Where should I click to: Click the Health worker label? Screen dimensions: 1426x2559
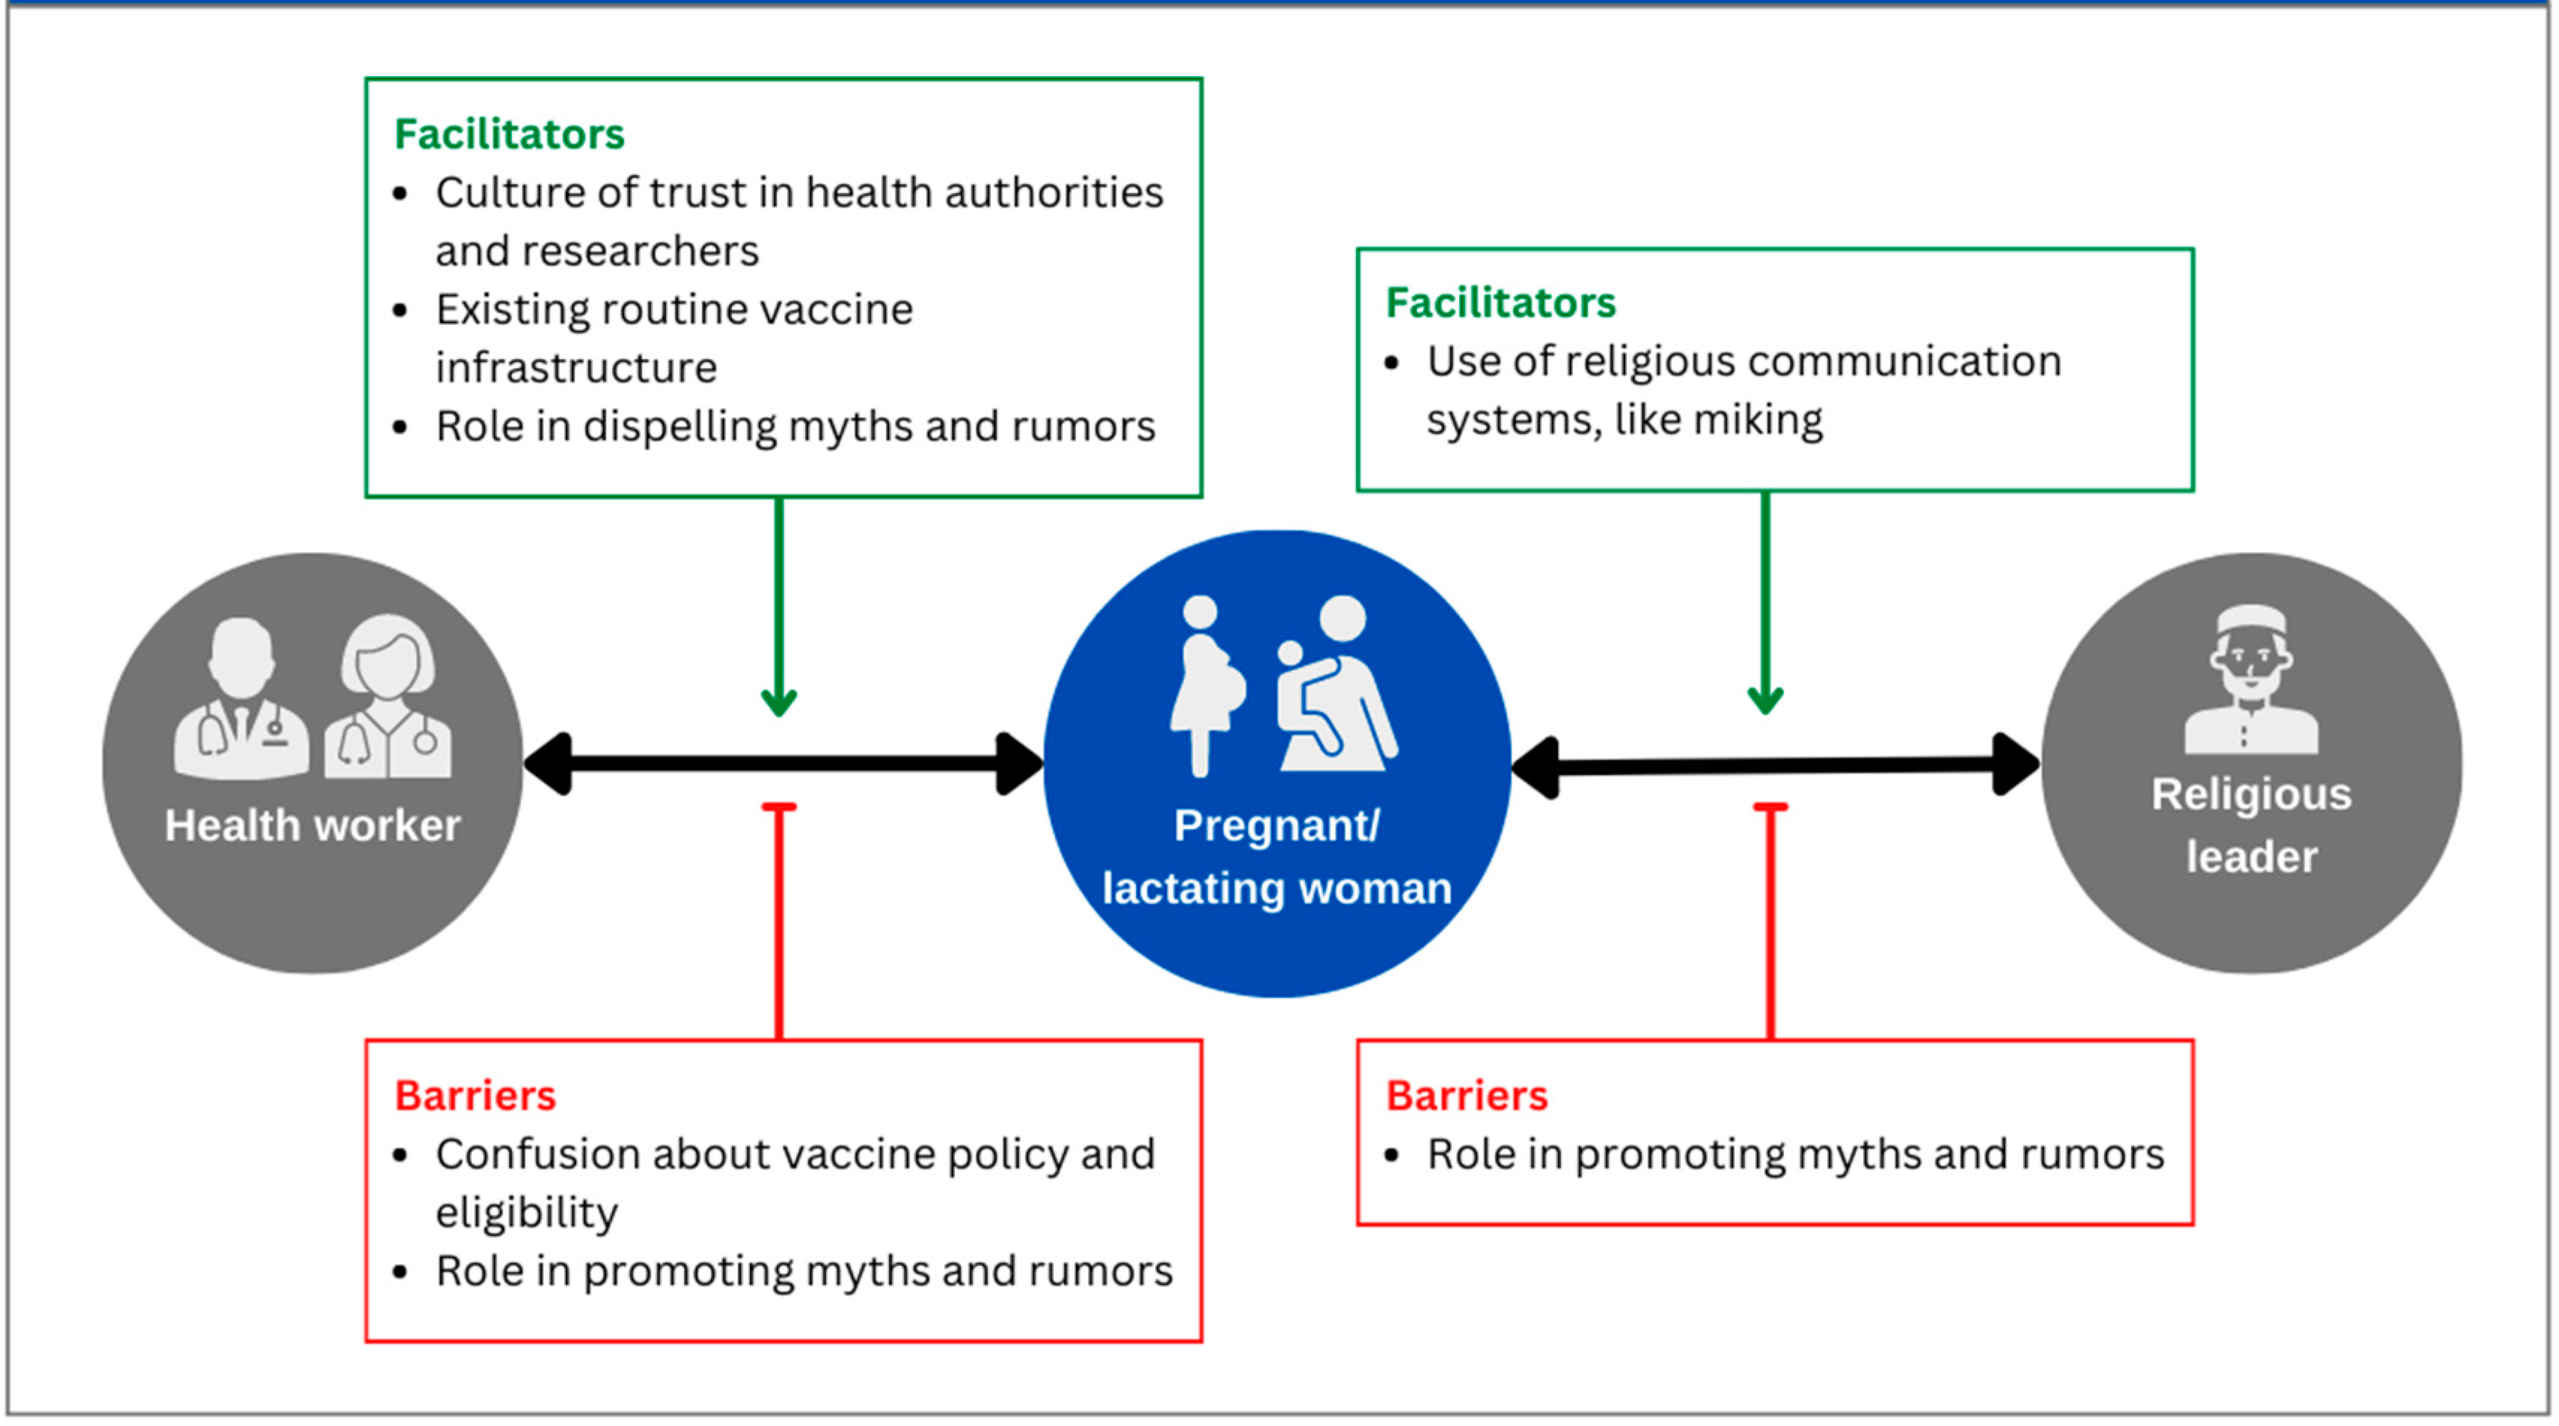312,826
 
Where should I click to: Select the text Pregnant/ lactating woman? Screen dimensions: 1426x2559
1277,856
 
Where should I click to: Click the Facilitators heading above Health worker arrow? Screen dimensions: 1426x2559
509,134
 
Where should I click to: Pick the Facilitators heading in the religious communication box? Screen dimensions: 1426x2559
1500,303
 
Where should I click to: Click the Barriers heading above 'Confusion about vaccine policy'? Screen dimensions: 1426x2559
475,1095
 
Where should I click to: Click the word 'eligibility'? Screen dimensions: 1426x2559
527,1212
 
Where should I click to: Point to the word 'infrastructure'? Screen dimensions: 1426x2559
576,367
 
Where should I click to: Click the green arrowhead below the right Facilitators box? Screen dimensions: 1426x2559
1764,699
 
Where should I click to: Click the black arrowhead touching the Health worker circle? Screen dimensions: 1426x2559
548,763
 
